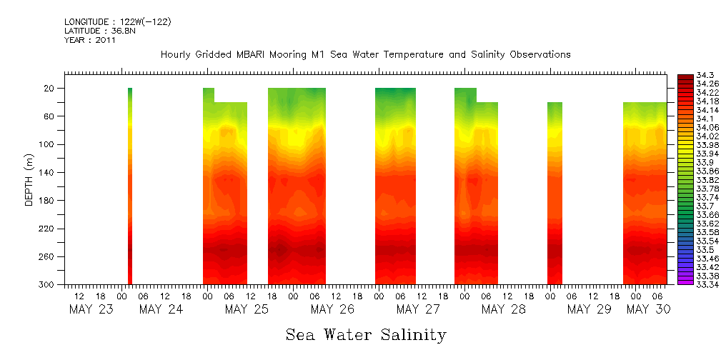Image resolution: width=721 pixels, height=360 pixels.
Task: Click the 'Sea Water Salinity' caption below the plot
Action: (366, 334)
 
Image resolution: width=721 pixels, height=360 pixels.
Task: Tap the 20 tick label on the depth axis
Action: (50, 89)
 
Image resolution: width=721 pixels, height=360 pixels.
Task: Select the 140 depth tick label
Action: (47, 173)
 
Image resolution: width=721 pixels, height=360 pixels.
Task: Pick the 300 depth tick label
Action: (47, 285)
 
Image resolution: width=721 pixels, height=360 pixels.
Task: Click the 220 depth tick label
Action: (47, 229)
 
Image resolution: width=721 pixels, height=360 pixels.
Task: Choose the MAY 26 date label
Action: (332, 309)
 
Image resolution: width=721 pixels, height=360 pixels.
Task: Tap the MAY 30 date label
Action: (647, 309)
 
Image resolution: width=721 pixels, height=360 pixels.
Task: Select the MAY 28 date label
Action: (504, 309)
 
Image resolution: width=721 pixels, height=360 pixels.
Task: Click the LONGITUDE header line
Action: (117, 22)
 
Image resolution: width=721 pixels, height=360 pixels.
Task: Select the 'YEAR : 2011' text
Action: (90, 40)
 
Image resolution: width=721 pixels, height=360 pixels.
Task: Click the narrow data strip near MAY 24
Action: (130, 186)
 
